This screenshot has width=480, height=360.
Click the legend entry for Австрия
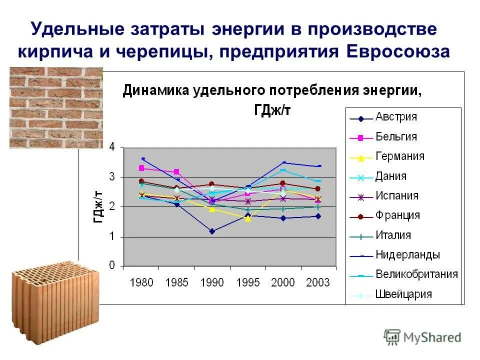coord(396,117)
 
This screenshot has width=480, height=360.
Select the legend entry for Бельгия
coord(396,137)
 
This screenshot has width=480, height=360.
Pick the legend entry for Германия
coord(399,156)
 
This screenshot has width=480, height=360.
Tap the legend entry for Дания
coord(391,176)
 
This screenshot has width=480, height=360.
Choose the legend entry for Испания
coord(396,196)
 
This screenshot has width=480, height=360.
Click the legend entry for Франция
coord(397,215)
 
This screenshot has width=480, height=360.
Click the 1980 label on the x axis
coord(141,283)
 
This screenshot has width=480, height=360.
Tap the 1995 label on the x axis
coord(247,283)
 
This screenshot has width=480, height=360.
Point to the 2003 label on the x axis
coord(318,283)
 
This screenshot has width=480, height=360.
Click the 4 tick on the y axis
coord(112,147)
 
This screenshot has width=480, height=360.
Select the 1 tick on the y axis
coord(112,236)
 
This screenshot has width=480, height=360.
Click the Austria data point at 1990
coord(212,231)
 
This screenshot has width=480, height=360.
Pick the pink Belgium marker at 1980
coord(141,168)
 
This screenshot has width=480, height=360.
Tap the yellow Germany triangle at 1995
coord(247,218)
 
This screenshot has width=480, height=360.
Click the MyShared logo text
coord(432,337)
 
